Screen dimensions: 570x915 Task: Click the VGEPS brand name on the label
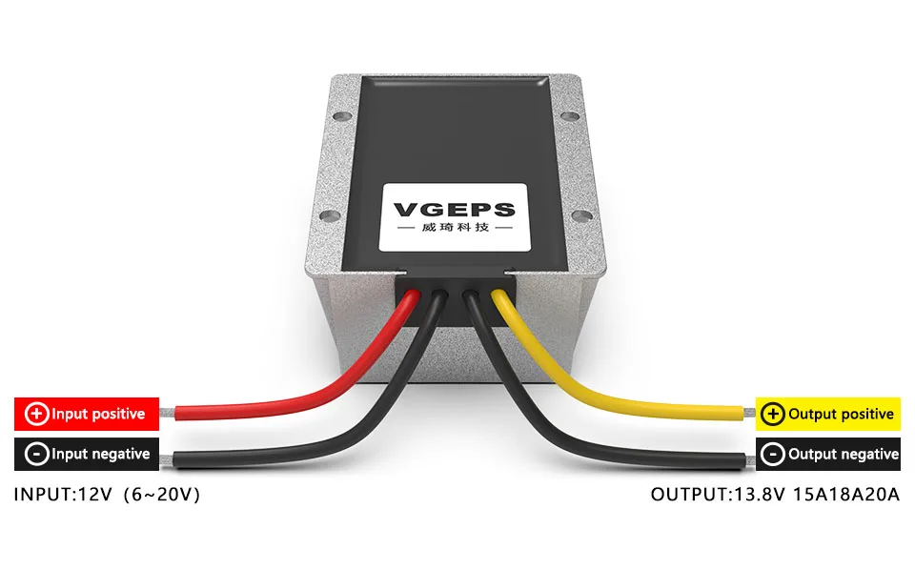click(x=454, y=210)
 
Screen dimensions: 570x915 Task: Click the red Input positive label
click(x=87, y=414)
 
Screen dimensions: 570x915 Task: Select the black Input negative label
click(x=87, y=454)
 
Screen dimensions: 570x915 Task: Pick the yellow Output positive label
click(x=827, y=414)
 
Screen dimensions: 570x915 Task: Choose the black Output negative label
click(x=827, y=454)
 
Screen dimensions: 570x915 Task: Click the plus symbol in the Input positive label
click(x=36, y=414)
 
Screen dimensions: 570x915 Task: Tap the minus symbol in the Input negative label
click(x=36, y=454)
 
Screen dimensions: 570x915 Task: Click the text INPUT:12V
click(x=63, y=495)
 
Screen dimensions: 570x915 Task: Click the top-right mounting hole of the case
click(x=569, y=117)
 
